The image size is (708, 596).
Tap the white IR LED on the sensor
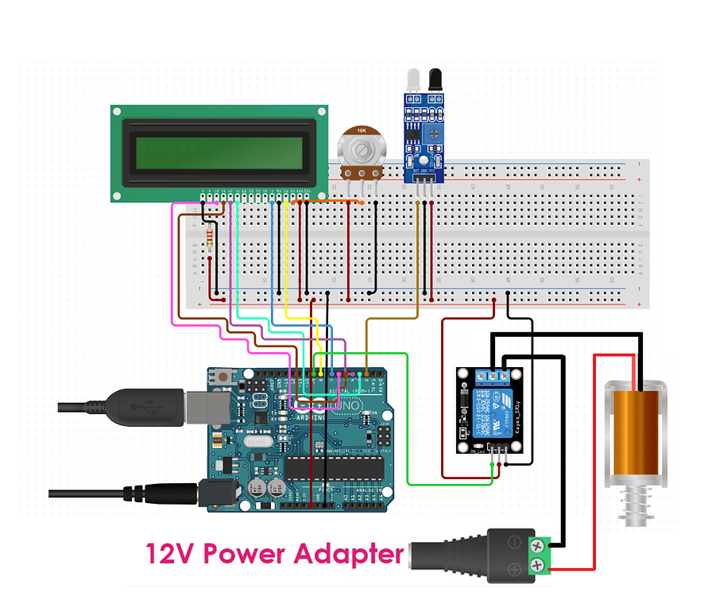pyautogui.click(x=412, y=79)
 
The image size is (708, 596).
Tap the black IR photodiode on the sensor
pyautogui.click(x=435, y=79)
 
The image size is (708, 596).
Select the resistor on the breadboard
pyautogui.click(x=209, y=237)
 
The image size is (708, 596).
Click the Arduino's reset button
pyautogui.click(x=225, y=378)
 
